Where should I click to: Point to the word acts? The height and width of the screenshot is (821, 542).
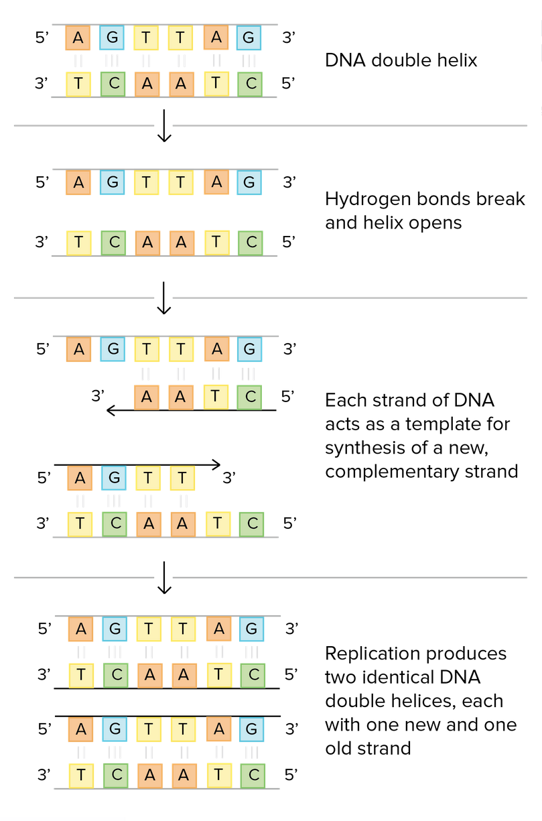pyautogui.click(x=342, y=424)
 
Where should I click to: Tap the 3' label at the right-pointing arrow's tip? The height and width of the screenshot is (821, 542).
pyautogui.click(x=230, y=478)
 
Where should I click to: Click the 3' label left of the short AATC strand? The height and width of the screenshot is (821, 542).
pyautogui.click(x=98, y=395)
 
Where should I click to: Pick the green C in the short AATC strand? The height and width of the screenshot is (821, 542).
pyautogui.click(x=250, y=397)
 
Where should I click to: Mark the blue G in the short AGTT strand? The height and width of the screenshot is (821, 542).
pyautogui.click(x=114, y=479)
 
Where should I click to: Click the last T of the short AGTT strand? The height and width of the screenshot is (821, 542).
pyautogui.click(x=182, y=479)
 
